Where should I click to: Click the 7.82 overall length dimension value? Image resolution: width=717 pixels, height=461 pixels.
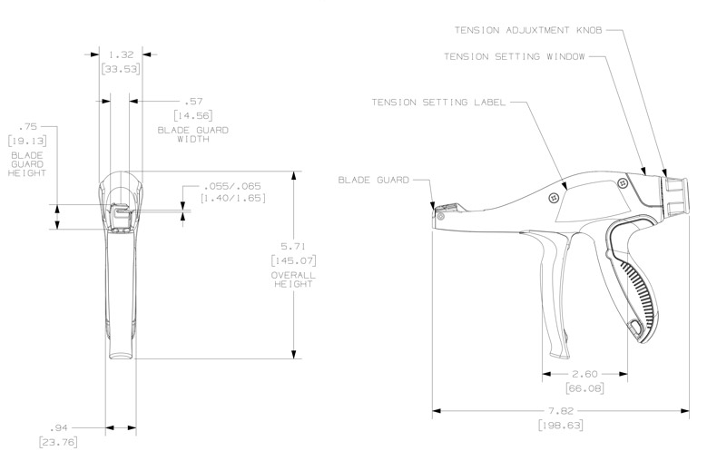(x=560, y=410)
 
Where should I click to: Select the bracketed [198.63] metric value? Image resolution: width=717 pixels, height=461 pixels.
(x=560, y=425)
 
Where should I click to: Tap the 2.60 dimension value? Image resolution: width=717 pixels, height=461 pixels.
(x=585, y=373)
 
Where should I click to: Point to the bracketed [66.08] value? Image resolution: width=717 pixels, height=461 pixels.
(x=585, y=388)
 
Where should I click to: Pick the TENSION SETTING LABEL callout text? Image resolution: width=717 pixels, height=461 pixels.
(x=438, y=102)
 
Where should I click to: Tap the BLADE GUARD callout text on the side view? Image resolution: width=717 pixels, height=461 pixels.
(x=373, y=180)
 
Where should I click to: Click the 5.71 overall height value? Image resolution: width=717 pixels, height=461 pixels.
(x=292, y=247)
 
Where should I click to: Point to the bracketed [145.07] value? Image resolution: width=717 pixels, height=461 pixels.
(x=293, y=261)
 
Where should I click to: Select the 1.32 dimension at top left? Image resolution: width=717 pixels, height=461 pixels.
(x=121, y=54)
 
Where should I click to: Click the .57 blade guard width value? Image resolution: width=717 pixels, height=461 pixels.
(x=192, y=101)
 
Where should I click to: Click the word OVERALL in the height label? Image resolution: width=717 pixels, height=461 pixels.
(x=293, y=273)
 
